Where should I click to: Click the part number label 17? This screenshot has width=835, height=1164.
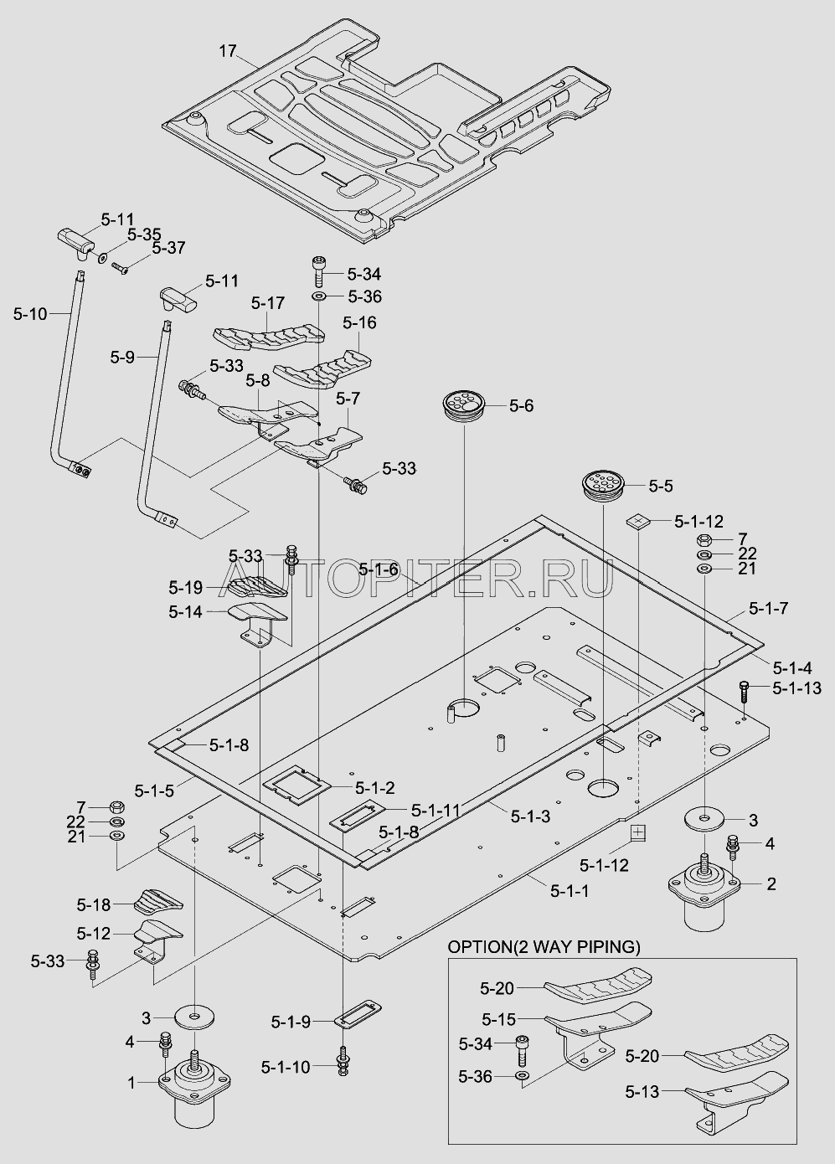[x=228, y=52]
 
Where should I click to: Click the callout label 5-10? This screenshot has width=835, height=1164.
[x=31, y=313]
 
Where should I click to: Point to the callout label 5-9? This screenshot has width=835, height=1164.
[x=122, y=357]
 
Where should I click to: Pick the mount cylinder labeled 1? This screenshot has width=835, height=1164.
[x=196, y=1093]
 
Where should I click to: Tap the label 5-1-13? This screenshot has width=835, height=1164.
[x=796, y=688]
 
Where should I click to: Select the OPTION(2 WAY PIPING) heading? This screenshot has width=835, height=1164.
[x=544, y=947]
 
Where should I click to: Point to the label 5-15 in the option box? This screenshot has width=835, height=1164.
[x=498, y=1018]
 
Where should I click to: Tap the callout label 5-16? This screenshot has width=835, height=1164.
[x=359, y=322]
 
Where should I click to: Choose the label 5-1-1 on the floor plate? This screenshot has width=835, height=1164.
[x=570, y=891]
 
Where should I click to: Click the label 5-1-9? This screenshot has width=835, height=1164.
[x=291, y=1022]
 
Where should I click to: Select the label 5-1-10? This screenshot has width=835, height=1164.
[x=285, y=1066]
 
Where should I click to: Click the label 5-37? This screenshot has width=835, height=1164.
[x=168, y=248]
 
